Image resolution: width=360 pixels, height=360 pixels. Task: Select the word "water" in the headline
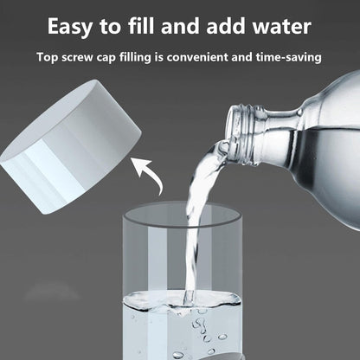click(274, 26)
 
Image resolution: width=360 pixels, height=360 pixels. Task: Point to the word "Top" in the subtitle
click(48, 58)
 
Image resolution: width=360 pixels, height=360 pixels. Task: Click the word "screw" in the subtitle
click(82, 58)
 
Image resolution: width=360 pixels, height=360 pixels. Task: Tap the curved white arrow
click(156, 177)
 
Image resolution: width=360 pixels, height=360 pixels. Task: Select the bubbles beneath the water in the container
click(203, 333)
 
